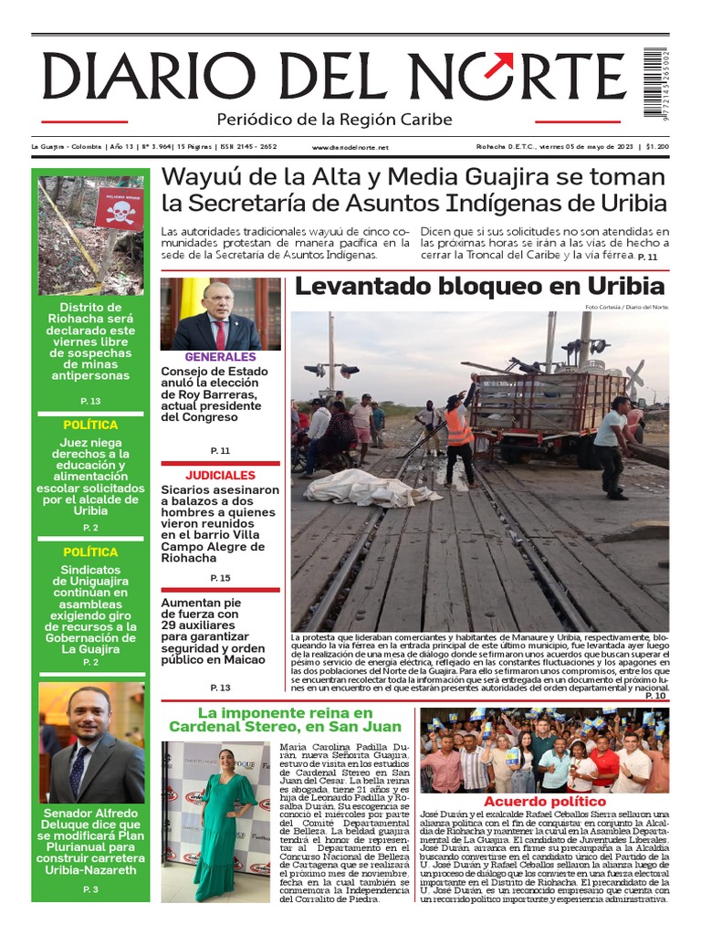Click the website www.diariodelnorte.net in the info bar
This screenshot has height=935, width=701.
point(350,147)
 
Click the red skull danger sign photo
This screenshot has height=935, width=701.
point(91,235)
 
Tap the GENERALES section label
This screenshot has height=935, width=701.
point(220,357)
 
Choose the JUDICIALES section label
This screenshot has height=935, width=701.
point(220,476)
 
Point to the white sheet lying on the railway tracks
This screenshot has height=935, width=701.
point(370,489)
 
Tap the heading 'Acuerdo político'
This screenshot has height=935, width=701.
point(545,802)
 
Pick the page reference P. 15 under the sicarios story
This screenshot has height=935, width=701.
point(220,578)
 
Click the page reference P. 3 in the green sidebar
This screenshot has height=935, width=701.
point(90,888)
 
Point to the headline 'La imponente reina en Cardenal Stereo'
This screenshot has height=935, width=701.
point(285,720)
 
